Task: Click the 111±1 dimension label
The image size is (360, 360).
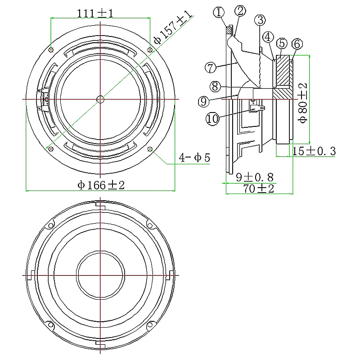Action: click(95, 13)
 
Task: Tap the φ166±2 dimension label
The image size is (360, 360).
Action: click(100, 185)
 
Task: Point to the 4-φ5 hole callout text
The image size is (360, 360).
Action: click(194, 158)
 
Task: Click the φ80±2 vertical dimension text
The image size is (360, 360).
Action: click(303, 103)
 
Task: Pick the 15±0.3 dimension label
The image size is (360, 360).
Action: click(314, 151)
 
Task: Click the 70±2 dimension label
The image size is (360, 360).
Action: click(258, 189)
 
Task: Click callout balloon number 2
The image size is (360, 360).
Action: click(240, 10)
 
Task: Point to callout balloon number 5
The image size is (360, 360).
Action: click(282, 43)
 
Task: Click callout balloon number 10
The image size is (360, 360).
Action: click(212, 119)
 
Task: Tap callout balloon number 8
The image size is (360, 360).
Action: click(215, 85)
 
